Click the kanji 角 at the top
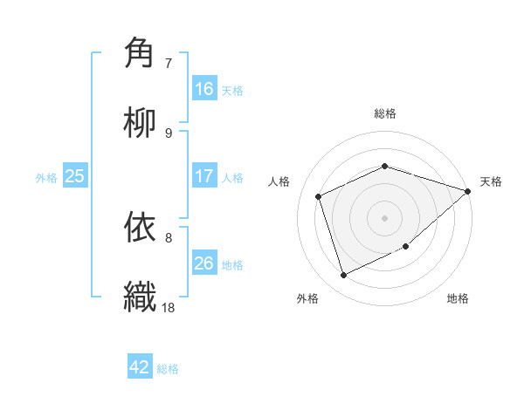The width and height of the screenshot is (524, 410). (x=141, y=53)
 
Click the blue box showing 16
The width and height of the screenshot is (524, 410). (x=204, y=89)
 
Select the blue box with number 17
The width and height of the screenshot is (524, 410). (x=204, y=176)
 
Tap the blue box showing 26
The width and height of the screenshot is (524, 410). (x=204, y=263)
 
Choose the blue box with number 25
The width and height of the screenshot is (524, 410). (x=75, y=176)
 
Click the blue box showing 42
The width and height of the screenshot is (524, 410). (x=140, y=367)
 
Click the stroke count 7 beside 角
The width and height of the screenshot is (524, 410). (x=169, y=64)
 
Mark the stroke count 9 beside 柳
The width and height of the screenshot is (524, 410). (x=169, y=133)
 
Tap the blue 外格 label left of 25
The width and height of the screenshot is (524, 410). (x=46, y=177)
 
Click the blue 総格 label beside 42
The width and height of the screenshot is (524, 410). (x=168, y=368)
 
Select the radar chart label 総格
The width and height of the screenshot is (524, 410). (x=385, y=114)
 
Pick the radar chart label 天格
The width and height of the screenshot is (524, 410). (x=491, y=181)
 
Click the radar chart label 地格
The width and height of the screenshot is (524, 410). (x=458, y=299)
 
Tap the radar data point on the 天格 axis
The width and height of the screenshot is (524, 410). (x=468, y=191)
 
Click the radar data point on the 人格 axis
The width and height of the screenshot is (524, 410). (x=320, y=196)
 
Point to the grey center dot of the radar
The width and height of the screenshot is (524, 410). (x=385, y=217)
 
